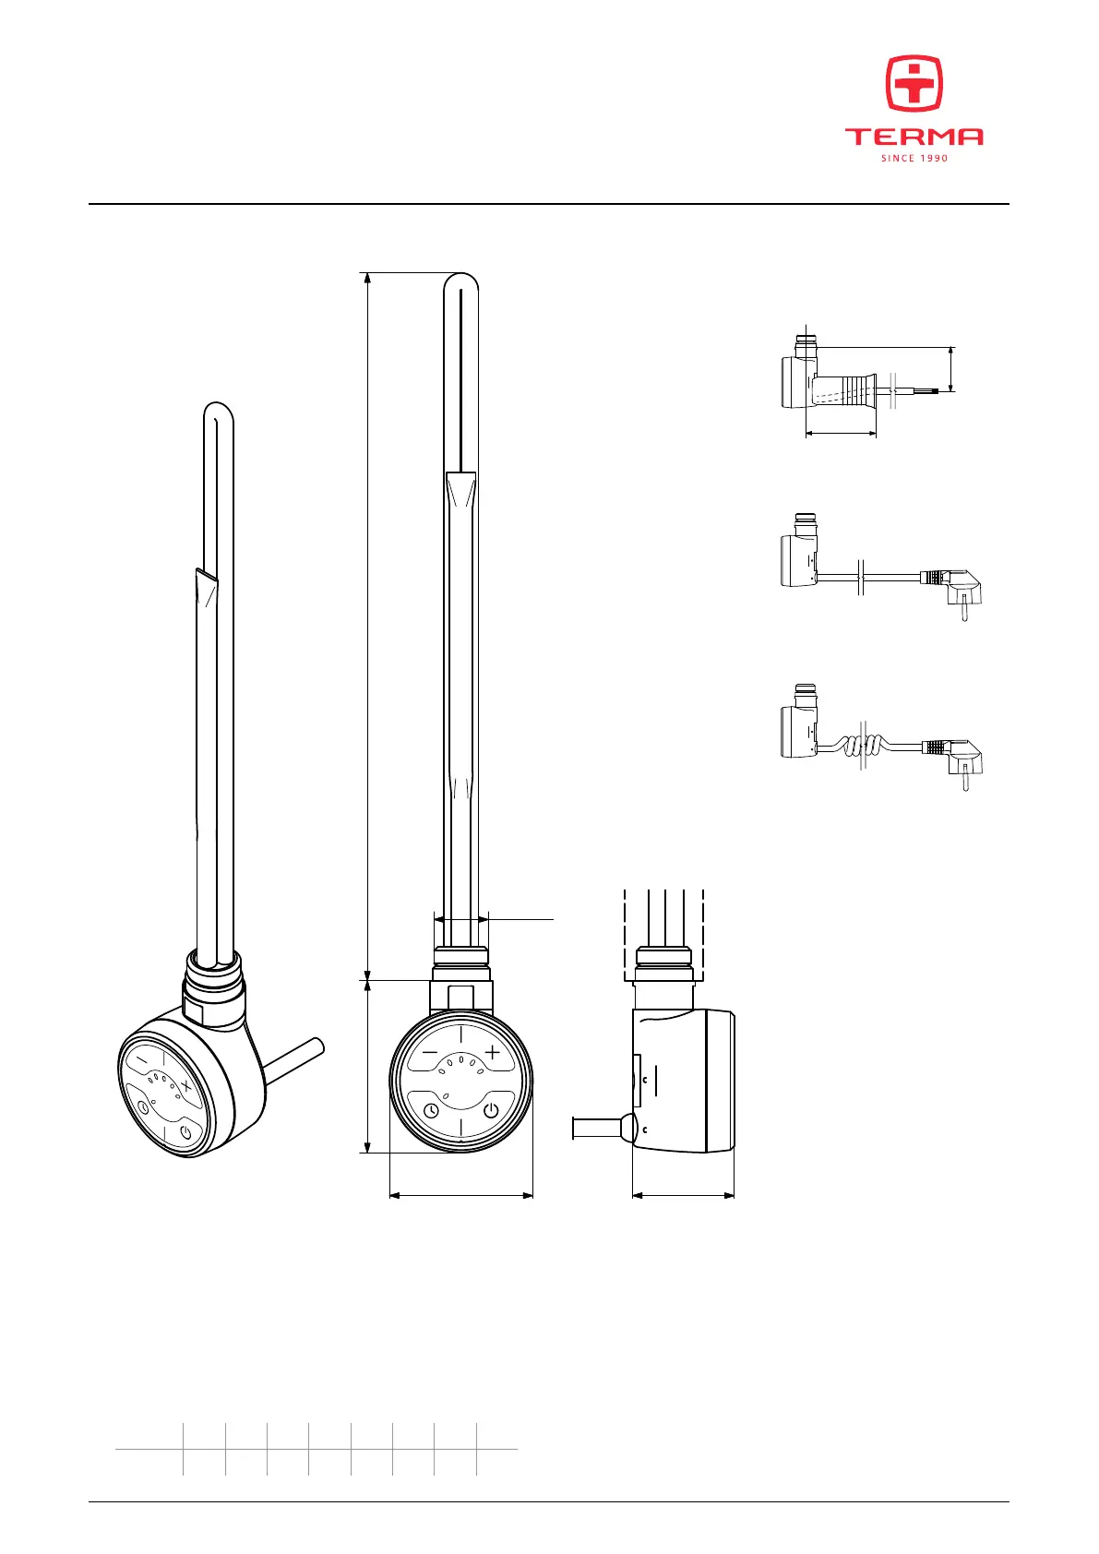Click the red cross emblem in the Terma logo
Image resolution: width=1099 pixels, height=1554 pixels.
point(914,83)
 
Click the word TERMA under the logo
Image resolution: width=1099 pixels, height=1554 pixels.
point(914,137)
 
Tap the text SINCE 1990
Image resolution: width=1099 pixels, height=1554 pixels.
point(914,158)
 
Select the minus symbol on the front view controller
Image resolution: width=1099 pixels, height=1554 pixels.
point(430,1052)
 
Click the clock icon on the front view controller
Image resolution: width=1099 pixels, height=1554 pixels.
point(431,1111)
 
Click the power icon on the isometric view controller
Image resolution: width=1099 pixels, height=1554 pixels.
point(186,1133)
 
